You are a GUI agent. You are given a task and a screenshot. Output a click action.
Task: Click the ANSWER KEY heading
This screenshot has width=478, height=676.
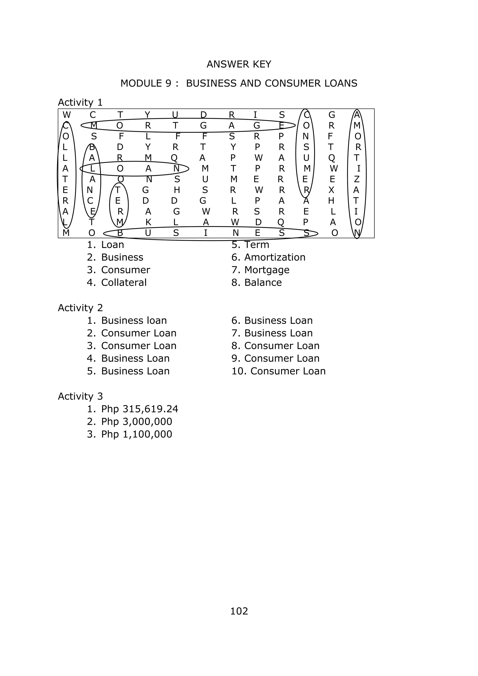tap(239, 64)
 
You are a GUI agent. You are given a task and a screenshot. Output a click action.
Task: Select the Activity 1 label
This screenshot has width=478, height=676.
tap(80, 102)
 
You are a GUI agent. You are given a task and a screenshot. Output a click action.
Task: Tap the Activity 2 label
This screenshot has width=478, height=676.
tap(80, 308)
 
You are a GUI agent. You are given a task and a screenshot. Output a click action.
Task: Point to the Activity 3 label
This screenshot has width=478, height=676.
tap(80, 396)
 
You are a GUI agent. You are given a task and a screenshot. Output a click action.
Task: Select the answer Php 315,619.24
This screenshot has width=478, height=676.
tap(140, 409)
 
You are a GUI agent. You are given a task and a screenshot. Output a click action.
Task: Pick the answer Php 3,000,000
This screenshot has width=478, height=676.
tap(137, 422)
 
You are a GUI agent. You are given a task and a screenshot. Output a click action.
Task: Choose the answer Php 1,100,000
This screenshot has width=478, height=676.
tap(137, 434)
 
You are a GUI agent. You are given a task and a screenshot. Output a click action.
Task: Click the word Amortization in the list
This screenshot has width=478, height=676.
tap(275, 257)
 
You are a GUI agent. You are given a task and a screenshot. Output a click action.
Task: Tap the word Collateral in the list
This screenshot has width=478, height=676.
tap(124, 283)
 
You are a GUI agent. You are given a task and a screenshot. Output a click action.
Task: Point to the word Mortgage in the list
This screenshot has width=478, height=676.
tap(267, 270)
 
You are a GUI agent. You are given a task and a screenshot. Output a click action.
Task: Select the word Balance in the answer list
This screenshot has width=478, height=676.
tap(263, 283)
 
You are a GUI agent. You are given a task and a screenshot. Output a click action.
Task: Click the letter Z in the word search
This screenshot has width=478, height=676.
tap(357, 179)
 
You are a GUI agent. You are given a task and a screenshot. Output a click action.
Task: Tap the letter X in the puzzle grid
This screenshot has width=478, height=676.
tap(331, 190)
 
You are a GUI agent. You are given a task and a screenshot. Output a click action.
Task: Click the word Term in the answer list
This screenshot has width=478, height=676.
tap(256, 245)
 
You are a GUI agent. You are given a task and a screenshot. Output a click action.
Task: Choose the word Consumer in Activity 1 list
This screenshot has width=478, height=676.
tap(125, 270)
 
